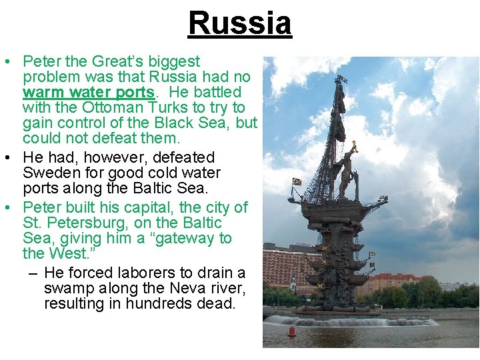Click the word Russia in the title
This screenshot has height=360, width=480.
[x=240, y=23]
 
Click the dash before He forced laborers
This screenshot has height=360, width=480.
[x=33, y=273]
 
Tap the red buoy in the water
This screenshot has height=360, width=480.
[x=291, y=331]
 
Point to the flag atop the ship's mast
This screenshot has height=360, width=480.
[x=341, y=79]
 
